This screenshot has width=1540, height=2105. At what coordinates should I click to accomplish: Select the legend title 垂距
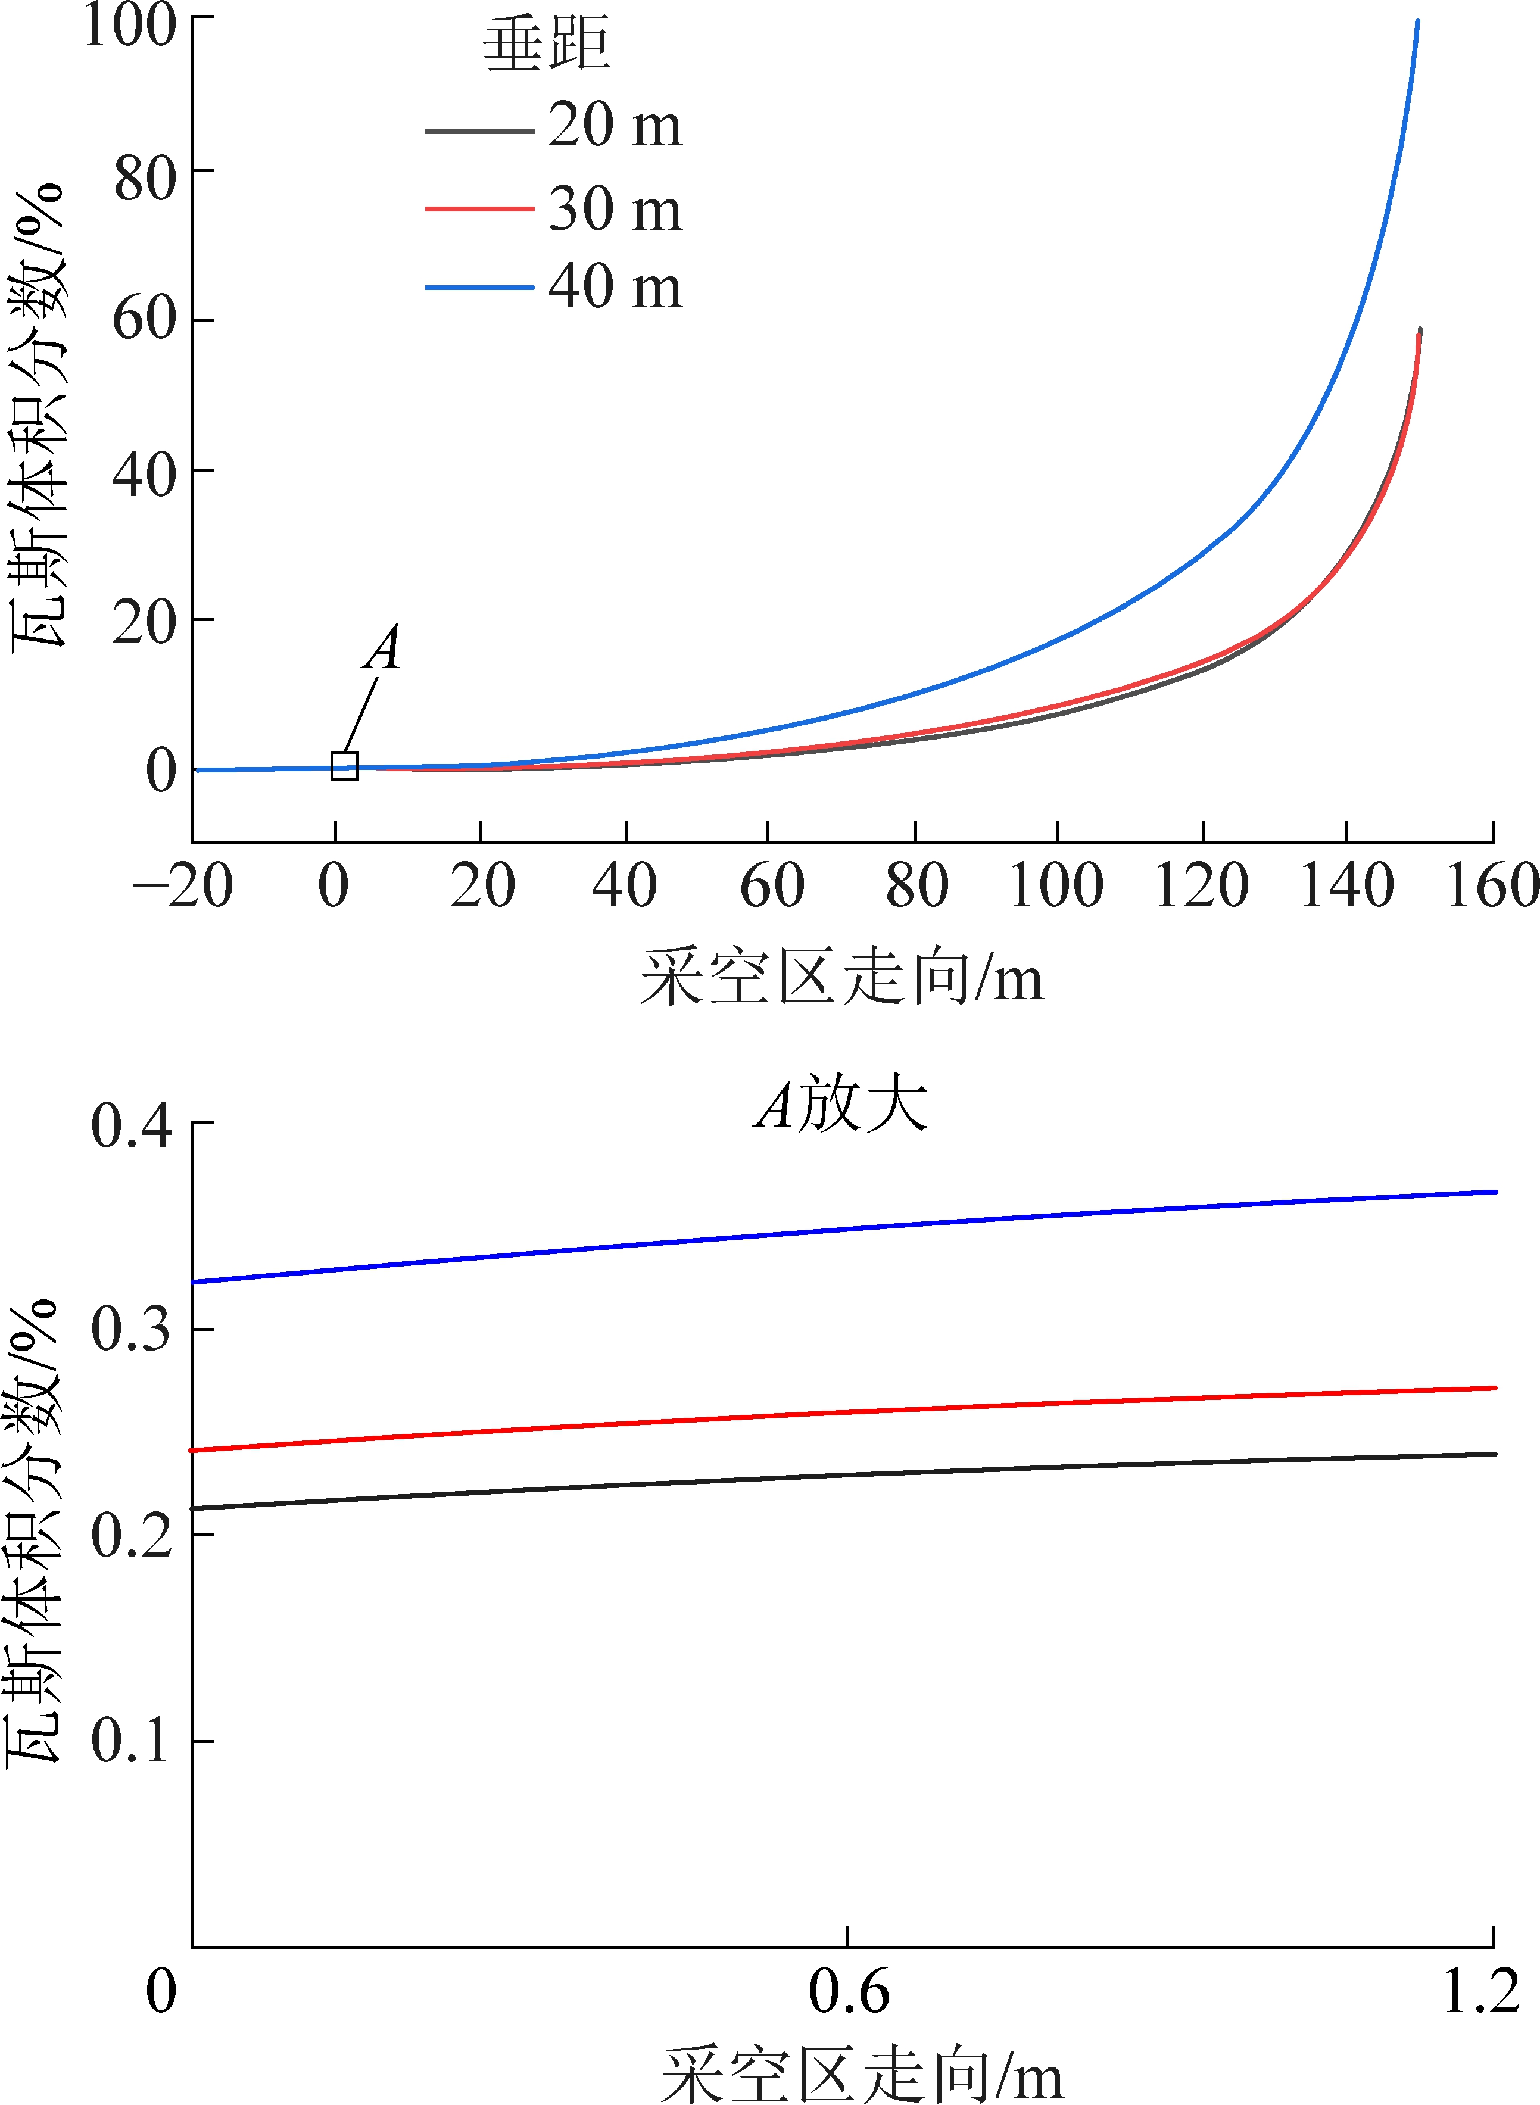coord(546,45)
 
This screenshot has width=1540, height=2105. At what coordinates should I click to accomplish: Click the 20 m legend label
coord(615,125)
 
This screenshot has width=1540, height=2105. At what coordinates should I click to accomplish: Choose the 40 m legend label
coord(615,286)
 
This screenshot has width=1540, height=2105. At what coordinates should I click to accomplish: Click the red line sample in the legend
coord(479,209)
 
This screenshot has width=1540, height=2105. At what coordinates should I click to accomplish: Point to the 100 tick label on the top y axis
coord(130,25)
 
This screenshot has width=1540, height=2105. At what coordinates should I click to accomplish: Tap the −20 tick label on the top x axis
coord(183,885)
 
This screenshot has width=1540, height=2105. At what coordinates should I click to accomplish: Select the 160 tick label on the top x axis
coord(1492,885)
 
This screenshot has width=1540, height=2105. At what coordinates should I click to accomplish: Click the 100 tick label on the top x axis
coord(1056,885)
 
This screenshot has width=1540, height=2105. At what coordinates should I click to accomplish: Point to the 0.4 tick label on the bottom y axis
coord(132,1125)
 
